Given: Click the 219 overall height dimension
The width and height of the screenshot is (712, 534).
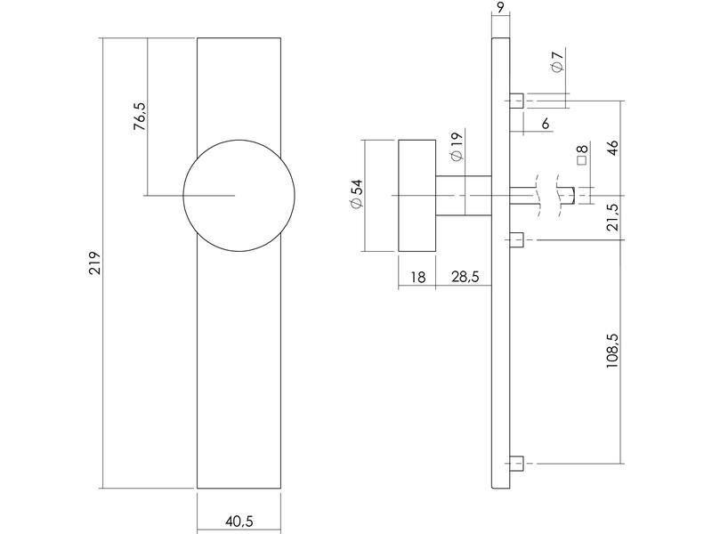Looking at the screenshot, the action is tap(94, 263).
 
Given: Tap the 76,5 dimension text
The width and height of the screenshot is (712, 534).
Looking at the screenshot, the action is tap(141, 117).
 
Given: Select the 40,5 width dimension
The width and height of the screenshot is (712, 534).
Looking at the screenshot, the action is tap(239, 522).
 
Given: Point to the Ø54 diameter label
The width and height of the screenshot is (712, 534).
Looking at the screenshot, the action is tap(358, 193).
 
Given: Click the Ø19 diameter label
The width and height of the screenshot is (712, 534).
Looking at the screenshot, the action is tap(457, 147).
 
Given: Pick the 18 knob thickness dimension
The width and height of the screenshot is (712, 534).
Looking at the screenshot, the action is tap(417, 277).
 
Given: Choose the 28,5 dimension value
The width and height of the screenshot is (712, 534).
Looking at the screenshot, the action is tap(465, 277).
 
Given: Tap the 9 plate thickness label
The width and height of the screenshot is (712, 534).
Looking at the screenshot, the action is tap(500, 7).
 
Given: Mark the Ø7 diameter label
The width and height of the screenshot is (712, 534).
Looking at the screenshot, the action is tap(558, 61).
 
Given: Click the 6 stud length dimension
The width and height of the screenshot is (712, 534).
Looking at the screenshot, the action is tap(546, 123).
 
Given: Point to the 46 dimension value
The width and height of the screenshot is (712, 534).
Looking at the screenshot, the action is tap(613, 148).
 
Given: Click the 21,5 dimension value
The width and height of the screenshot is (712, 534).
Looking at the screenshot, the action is tap(613, 217).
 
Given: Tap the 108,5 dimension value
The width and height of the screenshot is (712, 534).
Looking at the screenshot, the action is tap(613, 351).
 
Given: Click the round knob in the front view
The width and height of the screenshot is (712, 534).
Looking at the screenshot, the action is tap(239, 196).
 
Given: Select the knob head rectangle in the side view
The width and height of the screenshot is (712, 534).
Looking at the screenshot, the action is tap(417, 196).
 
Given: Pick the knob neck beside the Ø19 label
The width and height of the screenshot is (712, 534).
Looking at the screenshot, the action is tap(464, 196).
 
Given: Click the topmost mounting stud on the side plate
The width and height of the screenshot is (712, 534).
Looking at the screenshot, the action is tap(516, 101).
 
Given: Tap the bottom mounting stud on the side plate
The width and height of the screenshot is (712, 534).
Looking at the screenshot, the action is tap(516, 464).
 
